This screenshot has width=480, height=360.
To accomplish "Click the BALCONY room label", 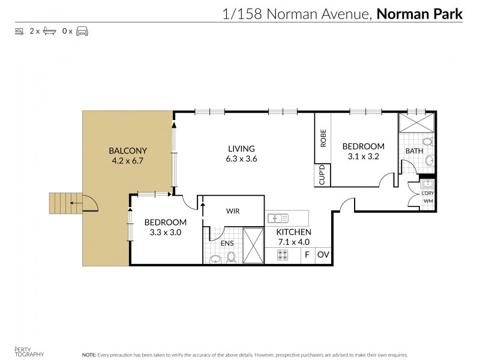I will (128, 151).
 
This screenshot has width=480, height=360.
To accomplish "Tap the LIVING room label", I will (241, 149).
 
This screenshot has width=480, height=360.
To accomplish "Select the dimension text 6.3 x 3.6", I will (241, 159).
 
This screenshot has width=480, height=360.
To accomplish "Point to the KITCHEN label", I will (293, 232).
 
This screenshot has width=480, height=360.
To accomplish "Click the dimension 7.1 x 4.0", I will (293, 242).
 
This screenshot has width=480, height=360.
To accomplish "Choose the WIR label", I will (233, 211).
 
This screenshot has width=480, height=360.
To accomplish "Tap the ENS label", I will (227, 243).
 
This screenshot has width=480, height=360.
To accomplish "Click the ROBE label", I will (323, 139).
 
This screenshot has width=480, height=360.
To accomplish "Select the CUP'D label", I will (322, 175).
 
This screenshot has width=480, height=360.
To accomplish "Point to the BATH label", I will (414, 151).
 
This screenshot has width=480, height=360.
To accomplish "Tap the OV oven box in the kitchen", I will (323, 255).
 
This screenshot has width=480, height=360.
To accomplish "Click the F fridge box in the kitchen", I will (307, 255).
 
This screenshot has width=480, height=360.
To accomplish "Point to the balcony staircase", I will (62, 203).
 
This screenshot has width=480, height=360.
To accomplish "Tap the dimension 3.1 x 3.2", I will (363, 157).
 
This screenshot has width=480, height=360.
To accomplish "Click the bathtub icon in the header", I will (49, 31).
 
